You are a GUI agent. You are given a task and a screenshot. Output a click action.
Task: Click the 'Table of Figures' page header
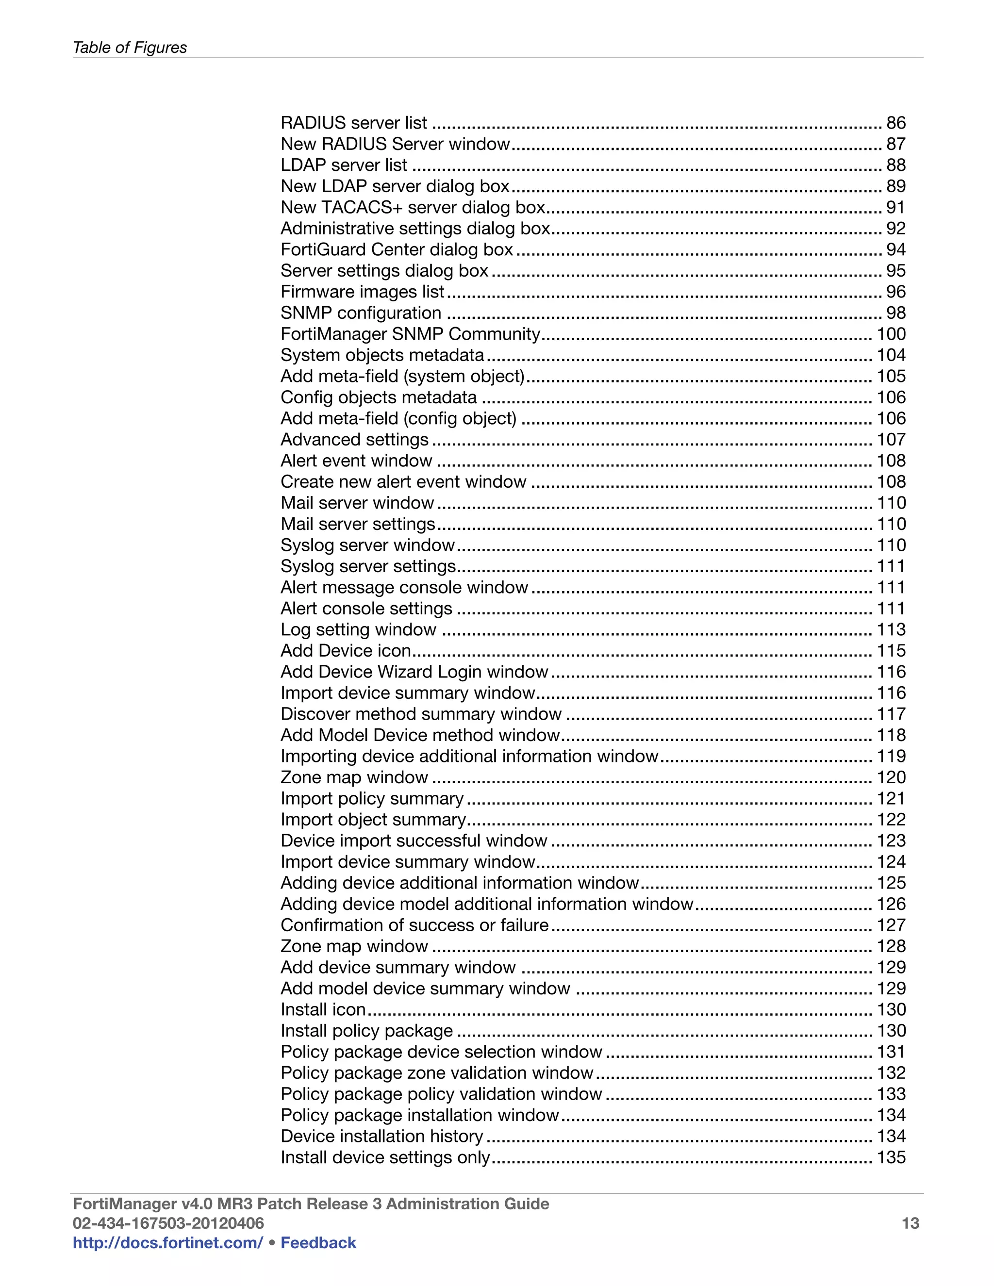[x=130, y=48]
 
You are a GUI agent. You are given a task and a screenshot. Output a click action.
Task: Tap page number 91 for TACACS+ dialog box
[x=895, y=207]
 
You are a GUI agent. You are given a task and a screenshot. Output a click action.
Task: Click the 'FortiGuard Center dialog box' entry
[x=397, y=249]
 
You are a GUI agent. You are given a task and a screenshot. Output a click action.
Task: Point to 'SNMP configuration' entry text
[x=361, y=313]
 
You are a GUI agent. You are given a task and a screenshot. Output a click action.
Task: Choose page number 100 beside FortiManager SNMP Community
[x=891, y=334]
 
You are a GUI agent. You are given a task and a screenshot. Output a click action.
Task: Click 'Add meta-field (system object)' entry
[x=402, y=376]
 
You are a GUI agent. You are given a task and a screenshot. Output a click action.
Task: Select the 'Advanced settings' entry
[x=354, y=439]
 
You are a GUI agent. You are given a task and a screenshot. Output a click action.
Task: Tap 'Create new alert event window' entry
[x=403, y=482]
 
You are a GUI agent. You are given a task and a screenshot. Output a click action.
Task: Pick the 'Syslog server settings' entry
[x=368, y=566]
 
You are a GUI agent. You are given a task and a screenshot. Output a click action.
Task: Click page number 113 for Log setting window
[x=891, y=629]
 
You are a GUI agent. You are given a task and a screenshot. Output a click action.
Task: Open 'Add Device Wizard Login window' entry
[x=414, y=672]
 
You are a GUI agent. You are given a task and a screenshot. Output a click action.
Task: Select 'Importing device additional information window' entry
[x=469, y=756]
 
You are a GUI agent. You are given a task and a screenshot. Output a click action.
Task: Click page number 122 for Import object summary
[x=891, y=820]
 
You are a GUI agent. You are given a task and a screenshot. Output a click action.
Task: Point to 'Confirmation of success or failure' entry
[x=414, y=925]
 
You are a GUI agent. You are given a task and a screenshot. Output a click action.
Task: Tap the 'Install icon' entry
[x=323, y=1009]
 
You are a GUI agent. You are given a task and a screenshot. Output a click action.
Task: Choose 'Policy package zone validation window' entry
[x=436, y=1073]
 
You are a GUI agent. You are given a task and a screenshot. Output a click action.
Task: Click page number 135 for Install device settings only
[x=891, y=1157]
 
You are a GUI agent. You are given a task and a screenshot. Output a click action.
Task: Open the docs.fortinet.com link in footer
[x=167, y=1242]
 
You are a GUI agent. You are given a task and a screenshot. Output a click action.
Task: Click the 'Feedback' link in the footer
[x=318, y=1242]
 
